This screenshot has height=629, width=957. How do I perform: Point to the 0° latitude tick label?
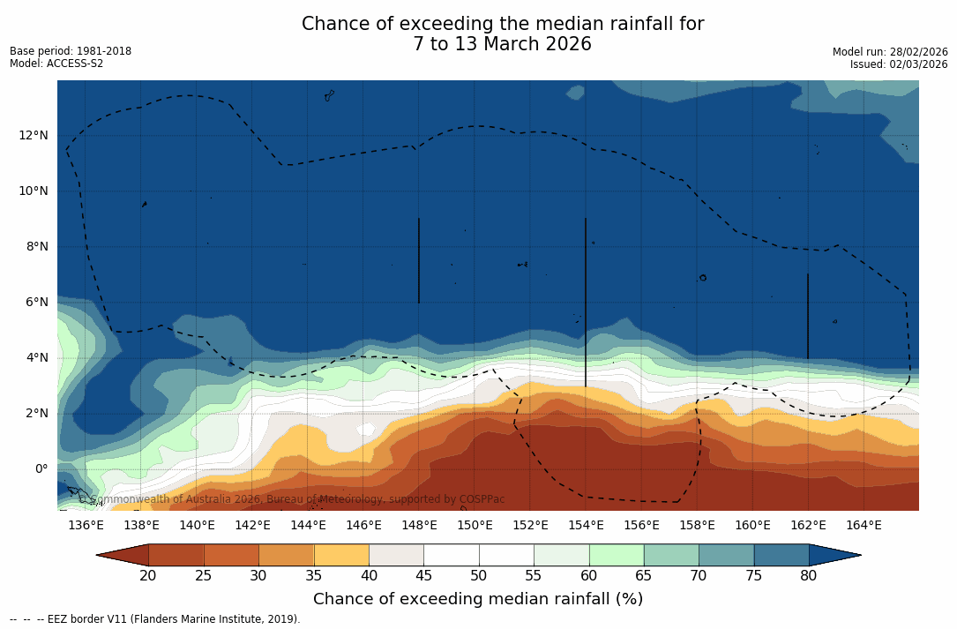point(41,468)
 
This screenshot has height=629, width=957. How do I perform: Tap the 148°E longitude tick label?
point(419,525)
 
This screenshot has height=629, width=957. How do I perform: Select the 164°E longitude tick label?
point(864,525)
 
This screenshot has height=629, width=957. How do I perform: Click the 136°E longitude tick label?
point(86,525)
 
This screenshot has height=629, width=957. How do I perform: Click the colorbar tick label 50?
point(479,576)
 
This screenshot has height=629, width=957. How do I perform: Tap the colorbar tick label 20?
point(148,576)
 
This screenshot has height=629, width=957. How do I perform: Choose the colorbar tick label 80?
point(809,576)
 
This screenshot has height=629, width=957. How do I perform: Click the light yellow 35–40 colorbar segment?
point(341,555)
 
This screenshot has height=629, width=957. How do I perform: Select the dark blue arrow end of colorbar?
point(834,555)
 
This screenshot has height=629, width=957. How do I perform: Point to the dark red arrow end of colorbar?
point(123,555)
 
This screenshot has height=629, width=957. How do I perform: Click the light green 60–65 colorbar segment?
point(617,555)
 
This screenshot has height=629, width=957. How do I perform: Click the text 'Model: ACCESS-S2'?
point(56,64)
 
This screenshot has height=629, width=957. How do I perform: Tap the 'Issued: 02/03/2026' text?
point(899,64)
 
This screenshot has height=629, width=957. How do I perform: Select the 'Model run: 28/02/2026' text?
point(890,52)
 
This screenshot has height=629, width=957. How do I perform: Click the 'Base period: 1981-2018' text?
point(71,51)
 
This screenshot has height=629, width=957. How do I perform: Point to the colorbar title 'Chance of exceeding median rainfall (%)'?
point(478,599)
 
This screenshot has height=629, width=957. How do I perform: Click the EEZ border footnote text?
point(155,619)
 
